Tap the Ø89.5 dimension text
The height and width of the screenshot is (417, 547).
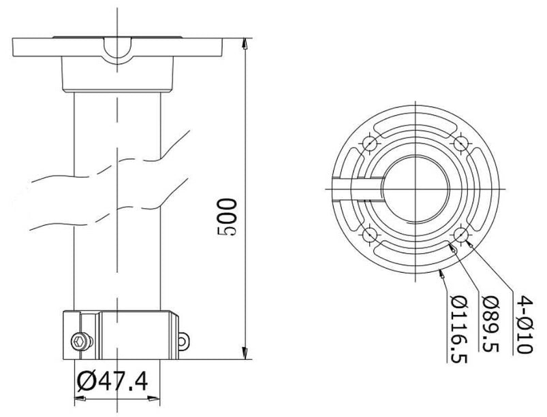(488, 324)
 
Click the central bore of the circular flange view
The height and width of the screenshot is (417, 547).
(416, 190)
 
